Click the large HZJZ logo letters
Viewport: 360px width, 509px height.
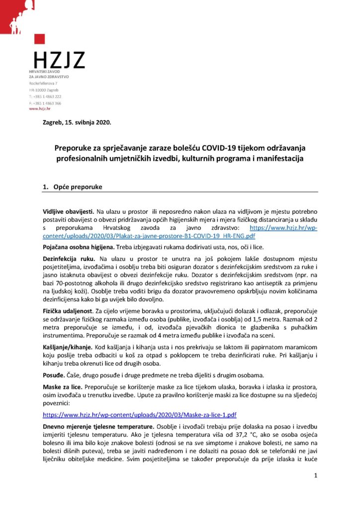(59, 60)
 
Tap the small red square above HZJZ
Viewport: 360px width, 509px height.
(41, 39)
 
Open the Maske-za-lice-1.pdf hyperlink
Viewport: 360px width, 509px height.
(140, 414)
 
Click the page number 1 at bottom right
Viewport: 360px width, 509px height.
(316, 476)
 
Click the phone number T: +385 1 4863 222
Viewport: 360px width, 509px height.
(45, 96)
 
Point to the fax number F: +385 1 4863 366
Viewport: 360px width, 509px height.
(45, 102)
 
